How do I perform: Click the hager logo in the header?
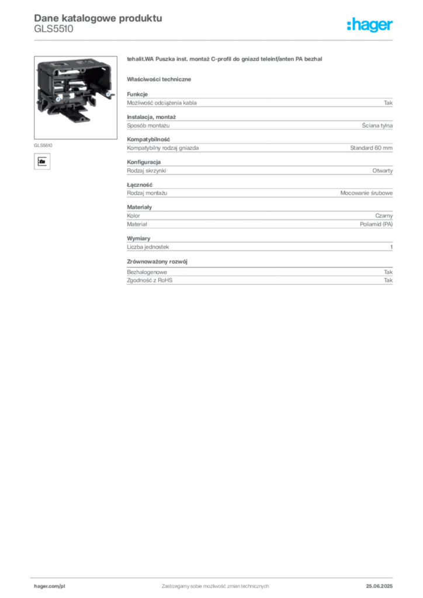369,25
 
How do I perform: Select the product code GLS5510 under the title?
53,29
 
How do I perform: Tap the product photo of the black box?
75,98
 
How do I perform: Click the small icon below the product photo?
42,161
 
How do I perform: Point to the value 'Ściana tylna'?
377,126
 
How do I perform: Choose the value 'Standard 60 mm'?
371,148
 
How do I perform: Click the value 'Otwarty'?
382,171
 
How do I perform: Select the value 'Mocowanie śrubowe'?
366,193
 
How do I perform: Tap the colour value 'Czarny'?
384,216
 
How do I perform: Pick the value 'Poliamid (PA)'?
376,224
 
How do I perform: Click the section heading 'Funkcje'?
137,94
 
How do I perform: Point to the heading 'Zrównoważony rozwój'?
157,262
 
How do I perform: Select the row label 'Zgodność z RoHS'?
150,280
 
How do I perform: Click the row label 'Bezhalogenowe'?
147,272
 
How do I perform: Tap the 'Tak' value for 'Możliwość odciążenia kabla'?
388,103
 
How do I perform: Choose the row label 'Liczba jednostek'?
148,247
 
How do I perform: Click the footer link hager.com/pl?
50,586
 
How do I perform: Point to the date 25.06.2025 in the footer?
379,586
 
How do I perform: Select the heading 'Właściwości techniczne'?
159,79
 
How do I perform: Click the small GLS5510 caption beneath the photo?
43,145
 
